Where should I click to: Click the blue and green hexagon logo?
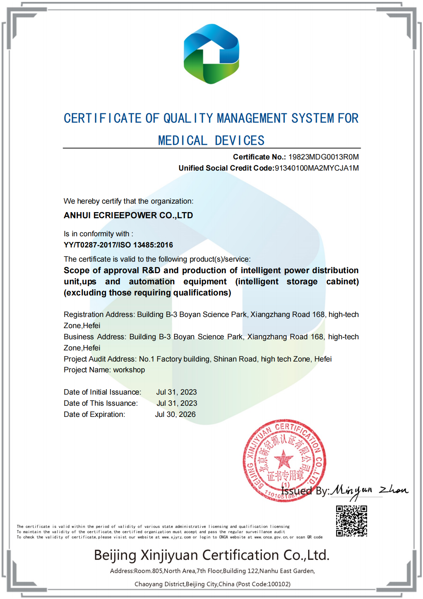211,54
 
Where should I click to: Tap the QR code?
351,521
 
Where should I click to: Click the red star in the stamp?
284,459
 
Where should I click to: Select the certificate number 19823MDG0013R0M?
324,157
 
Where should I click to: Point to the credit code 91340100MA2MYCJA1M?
317,168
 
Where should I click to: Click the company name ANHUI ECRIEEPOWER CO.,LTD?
128,215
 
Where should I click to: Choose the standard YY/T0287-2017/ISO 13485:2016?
118,245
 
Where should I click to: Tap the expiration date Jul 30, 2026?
175,414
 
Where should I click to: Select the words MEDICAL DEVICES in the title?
211,141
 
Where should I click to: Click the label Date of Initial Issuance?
102,392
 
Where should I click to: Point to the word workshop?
129,370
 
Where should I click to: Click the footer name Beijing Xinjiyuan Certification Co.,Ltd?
211,555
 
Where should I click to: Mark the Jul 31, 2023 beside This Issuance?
177,403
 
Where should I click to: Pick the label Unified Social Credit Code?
226,168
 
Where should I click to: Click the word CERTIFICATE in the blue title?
102,118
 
